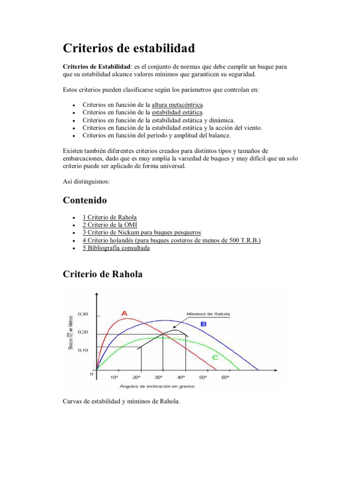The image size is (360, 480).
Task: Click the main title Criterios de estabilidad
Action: coord(129,48)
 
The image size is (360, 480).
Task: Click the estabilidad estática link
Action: coord(177,112)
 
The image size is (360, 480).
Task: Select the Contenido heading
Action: coord(85,200)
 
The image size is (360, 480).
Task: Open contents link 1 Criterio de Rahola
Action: coord(110,217)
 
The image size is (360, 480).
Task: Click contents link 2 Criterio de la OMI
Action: coord(110,225)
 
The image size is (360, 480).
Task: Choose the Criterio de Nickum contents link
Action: coord(142,232)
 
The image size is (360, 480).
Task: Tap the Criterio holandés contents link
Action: coord(172,240)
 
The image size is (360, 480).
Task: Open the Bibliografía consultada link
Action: coord(116,248)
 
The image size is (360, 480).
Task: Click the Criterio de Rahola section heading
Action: coord(103,275)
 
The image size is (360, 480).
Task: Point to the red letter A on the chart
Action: coord(124,313)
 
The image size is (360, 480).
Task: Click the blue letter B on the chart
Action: coord(203,324)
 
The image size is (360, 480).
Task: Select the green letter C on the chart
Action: coord(214,358)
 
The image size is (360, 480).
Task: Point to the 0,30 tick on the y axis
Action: coord(82,314)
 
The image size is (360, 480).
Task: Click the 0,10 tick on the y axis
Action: coord(82,350)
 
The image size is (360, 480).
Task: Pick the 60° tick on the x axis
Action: coord(225,377)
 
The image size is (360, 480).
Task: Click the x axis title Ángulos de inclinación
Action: coord(157,386)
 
